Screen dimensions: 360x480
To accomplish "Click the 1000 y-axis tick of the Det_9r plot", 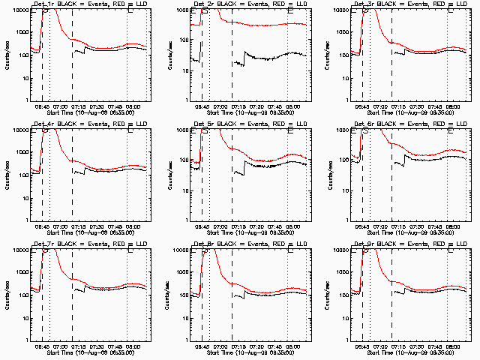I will click(x=340, y=272).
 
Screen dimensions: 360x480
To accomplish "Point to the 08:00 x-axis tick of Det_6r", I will click(x=453, y=227).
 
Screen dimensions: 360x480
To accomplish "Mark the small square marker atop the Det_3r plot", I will click(x=451, y=10).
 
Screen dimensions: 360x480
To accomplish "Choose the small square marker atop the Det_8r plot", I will click(x=290, y=250).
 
